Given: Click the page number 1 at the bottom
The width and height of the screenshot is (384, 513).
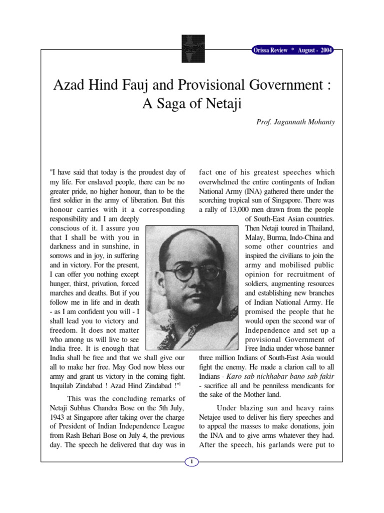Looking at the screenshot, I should coord(192,462).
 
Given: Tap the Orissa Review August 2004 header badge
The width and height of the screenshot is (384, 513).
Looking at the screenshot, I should coord(291,51).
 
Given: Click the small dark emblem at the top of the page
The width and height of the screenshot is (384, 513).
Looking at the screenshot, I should coord(192,48).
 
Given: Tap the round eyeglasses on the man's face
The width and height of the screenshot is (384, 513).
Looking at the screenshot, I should coord(191,273).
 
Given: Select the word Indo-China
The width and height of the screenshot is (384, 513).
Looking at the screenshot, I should coord(298,237).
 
